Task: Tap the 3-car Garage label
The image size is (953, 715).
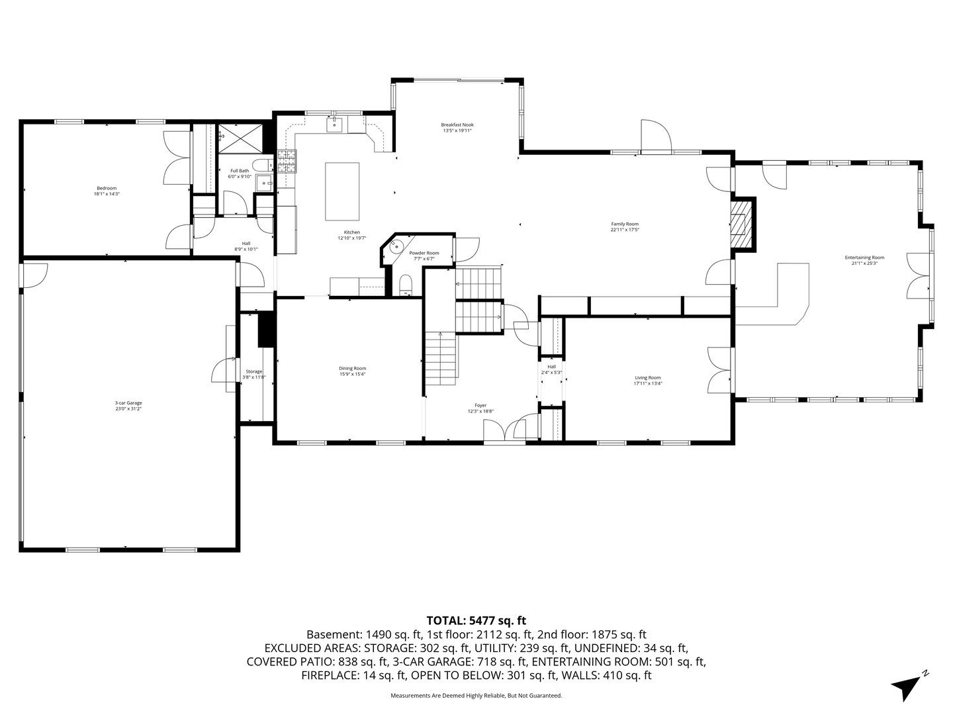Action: (x=128, y=403)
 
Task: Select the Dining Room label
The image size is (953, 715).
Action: (x=352, y=368)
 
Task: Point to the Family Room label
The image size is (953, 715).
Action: (x=624, y=224)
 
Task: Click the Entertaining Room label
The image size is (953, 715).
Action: (x=864, y=258)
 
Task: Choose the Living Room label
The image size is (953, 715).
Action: (x=647, y=377)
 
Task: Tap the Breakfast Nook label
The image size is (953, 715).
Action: (x=457, y=124)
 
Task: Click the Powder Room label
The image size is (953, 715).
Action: (x=424, y=253)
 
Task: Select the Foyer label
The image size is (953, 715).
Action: (x=480, y=405)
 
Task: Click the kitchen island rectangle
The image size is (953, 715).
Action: (x=342, y=192)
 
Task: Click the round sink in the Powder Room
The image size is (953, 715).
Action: (x=396, y=248)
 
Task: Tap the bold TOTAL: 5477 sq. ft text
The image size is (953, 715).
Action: (x=476, y=620)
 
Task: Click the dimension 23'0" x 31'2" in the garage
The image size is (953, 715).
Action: (x=128, y=409)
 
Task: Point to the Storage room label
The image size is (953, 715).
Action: (x=254, y=371)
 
